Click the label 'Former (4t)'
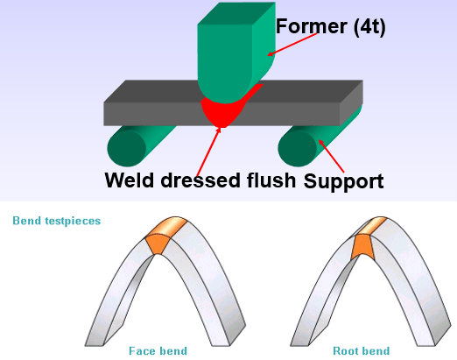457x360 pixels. [x=331, y=27]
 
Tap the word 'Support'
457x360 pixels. [x=344, y=181]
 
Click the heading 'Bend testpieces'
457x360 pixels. [x=57, y=221]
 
